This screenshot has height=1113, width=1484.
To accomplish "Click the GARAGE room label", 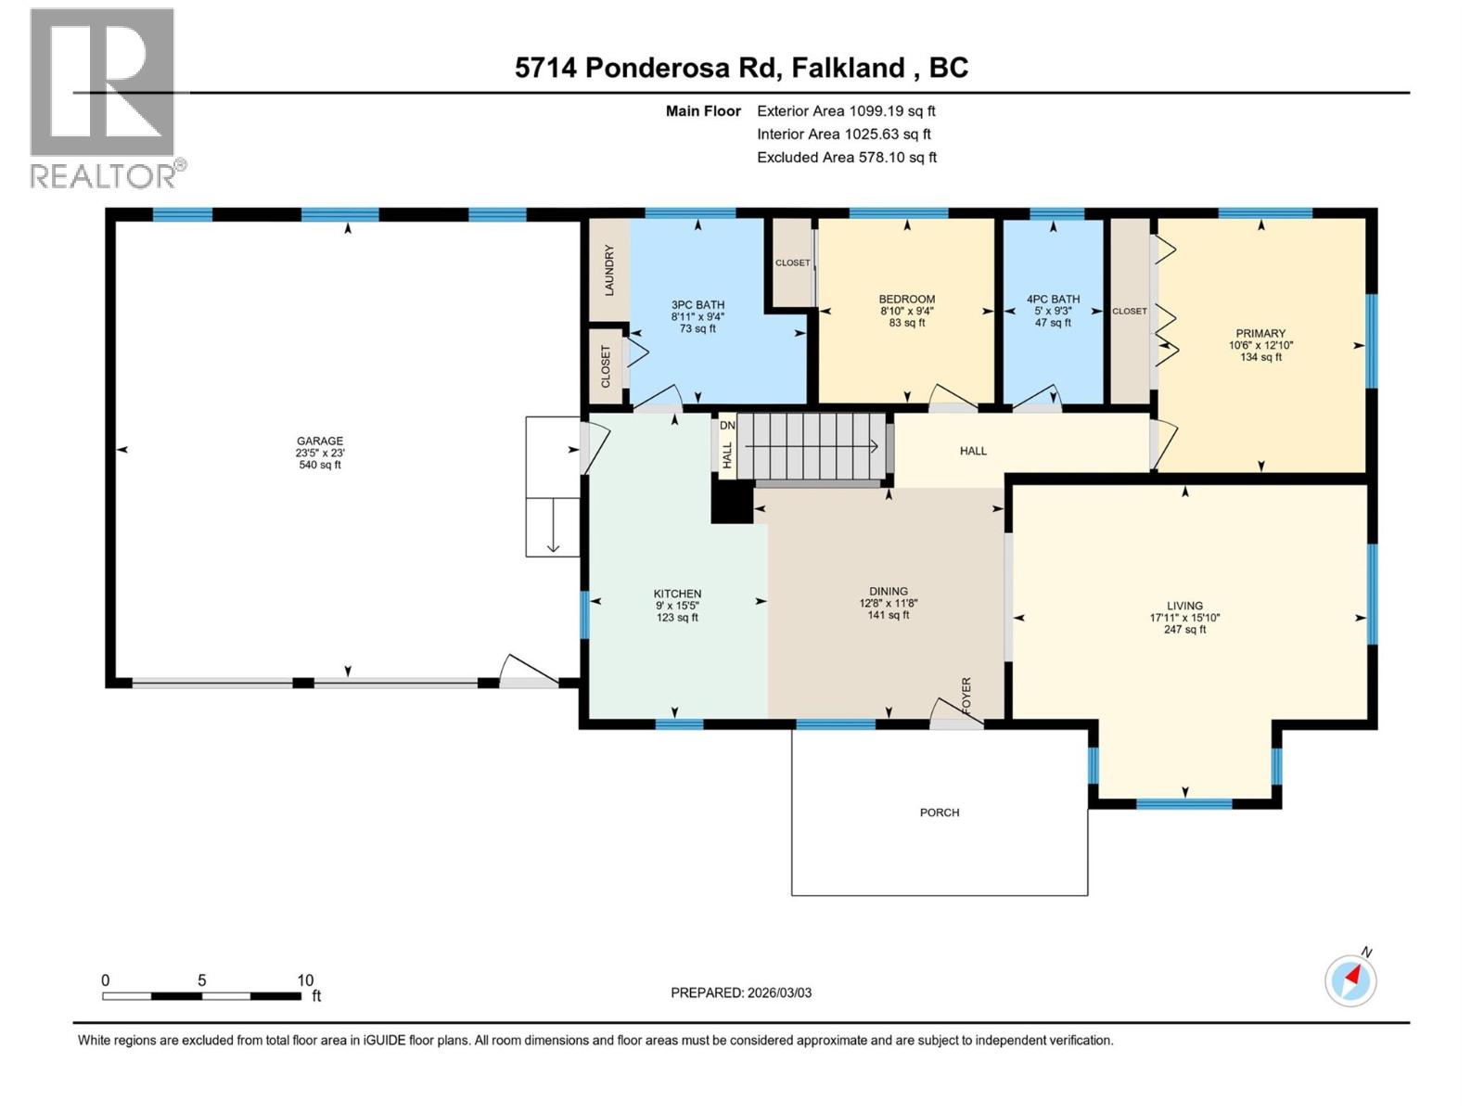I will tap(320, 441).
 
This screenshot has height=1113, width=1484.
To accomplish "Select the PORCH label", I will tap(939, 812).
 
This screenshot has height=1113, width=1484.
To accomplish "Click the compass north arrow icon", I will tap(1351, 979).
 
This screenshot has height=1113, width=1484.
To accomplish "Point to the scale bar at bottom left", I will tap(201, 995).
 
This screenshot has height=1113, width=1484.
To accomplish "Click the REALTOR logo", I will tap(103, 97).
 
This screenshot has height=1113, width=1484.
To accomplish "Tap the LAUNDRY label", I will tap(609, 270).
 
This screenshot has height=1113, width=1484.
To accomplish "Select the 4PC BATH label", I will tap(1053, 300).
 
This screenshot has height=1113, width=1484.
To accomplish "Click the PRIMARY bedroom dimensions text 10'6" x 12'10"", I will tap(1260, 345).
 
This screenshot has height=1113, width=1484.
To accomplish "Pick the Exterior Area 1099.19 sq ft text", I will tap(846, 111).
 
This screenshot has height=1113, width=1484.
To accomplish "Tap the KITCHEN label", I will tap(677, 594).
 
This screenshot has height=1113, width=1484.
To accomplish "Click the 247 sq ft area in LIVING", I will tap(1184, 630).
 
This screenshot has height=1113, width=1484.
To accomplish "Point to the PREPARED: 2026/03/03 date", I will tap(741, 992).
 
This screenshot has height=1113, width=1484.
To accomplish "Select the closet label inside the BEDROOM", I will tap(792, 262).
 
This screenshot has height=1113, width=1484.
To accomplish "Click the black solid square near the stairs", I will tap(732, 505).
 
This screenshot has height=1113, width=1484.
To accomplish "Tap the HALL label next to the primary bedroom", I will tap(973, 451).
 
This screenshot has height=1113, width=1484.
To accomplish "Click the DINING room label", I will tap(888, 591).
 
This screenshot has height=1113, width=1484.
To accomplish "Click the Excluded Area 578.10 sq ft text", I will tap(846, 158).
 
